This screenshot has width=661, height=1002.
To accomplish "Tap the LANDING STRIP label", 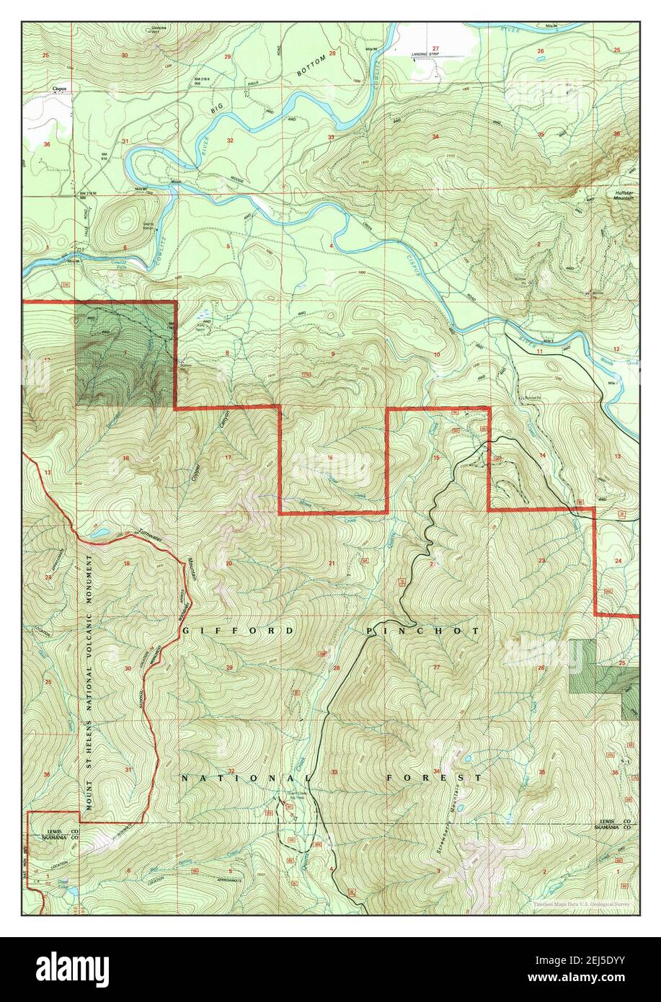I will click(425, 54).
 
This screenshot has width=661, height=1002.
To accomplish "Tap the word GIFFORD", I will click(238, 631).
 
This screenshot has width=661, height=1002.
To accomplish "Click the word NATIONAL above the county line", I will click(244, 779).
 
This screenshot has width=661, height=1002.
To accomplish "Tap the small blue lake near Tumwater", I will click(100, 534).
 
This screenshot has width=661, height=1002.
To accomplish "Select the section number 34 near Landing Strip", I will click(435, 137).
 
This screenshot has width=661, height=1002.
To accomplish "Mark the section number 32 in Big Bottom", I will click(230, 140).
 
